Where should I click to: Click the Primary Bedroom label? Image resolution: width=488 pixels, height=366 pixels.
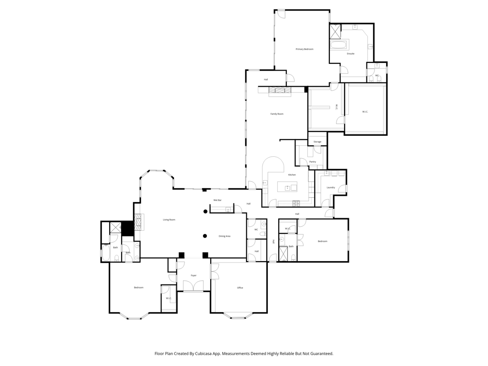[x=304, y=49]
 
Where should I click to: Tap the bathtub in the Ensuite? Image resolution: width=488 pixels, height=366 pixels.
[x=339, y=45]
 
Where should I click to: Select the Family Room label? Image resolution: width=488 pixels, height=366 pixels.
[x=277, y=114]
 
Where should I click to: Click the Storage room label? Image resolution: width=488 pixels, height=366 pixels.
[x=317, y=142]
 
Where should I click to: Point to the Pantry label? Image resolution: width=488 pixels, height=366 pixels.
[x=313, y=162]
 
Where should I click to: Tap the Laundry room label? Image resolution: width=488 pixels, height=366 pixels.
[x=331, y=187]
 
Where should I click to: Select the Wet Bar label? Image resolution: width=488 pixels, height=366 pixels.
[x=217, y=200]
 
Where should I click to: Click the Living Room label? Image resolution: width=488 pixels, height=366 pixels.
[x=169, y=220]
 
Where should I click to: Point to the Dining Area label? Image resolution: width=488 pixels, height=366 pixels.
[x=224, y=236]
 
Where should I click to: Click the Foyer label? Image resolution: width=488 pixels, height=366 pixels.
[x=193, y=275]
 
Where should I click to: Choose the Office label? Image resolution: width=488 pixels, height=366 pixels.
[x=240, y=287]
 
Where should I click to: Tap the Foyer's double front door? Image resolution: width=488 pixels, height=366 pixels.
[x=193, y=286]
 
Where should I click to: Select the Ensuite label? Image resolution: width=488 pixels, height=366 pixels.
[x=351, y=54]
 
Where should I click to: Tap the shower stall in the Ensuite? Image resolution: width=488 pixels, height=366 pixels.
[x=335, y=31]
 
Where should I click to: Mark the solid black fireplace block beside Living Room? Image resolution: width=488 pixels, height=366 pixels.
[x=127, y=228]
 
